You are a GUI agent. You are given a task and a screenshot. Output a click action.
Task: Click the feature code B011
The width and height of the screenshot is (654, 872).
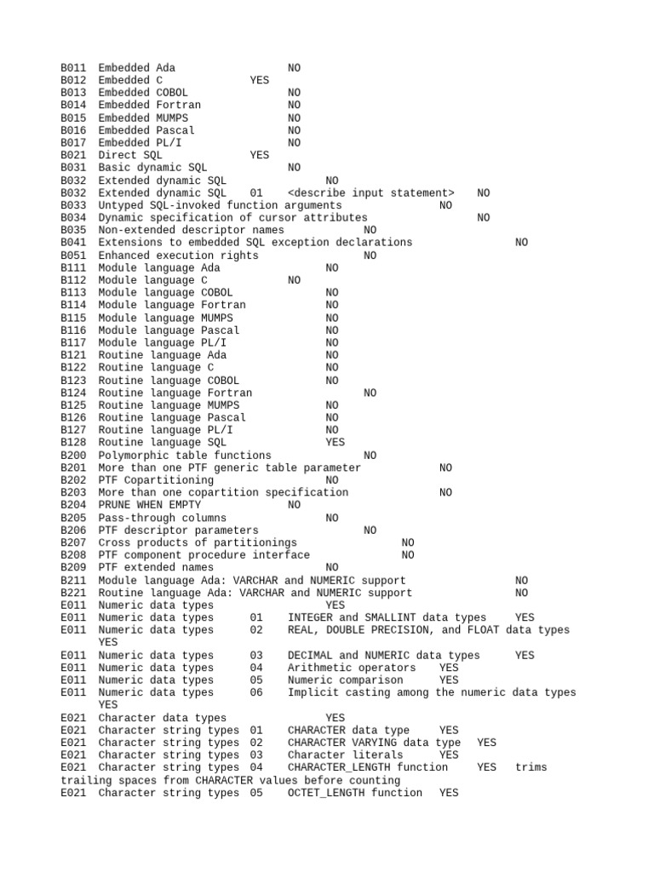click(x=73, y=68)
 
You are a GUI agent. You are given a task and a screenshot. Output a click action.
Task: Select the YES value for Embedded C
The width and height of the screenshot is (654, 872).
click(x=259, y=80)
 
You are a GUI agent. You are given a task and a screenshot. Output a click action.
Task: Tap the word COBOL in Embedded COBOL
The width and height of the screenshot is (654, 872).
click(x=173, y=93)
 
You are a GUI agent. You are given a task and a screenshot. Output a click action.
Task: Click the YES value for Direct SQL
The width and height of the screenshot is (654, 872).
click(x=259, y=155)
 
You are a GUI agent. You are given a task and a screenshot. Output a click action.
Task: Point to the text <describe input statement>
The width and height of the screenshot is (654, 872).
click(x=371, y=193)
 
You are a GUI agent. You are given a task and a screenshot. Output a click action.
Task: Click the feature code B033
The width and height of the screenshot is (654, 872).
click(x=73, y=205)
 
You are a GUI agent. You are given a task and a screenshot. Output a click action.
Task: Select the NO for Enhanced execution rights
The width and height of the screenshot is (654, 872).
click(x=370, y=255)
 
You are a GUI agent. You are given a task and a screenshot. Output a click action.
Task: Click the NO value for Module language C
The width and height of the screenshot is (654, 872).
click(x=294, y=280)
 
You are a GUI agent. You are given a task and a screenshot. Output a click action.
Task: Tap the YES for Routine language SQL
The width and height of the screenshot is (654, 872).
click(x=335, y=443)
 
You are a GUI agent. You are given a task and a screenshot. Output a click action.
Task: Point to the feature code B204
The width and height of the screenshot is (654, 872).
click(x=73, y=505)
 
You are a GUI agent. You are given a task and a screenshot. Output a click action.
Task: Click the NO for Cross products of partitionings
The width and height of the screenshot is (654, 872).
click(x=408, y=542)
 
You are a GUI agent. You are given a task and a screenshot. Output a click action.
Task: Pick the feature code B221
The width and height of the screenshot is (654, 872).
click(x=73, y=593)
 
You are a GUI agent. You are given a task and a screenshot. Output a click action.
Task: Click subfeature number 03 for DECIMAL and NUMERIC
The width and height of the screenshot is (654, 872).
click(x=256, y=655)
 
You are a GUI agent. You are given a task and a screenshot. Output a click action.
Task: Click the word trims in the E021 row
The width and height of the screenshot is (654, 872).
click(x=531, y=767)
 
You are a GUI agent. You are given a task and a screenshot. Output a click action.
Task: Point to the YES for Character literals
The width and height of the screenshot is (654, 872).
click(x=449, y=755)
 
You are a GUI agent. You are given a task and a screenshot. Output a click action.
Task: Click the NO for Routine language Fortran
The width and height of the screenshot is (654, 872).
click(x=370, y=393)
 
